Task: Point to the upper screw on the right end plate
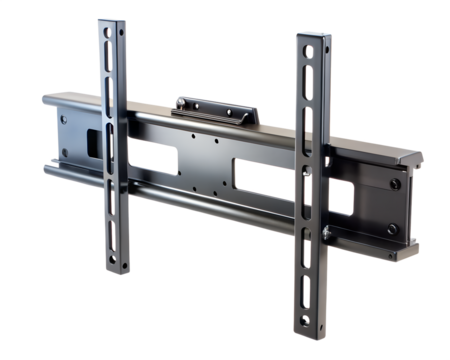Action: tap(396, 184)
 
